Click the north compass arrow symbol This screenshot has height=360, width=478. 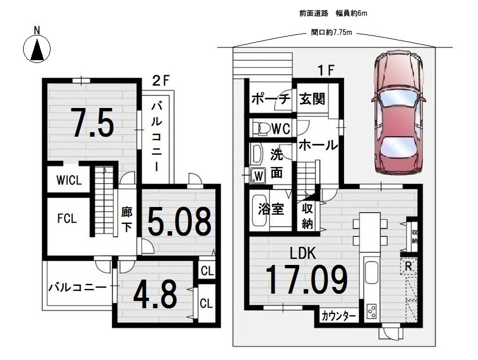point(37,49)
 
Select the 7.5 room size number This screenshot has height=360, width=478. point(92,122)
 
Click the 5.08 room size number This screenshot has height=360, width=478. point(179,221)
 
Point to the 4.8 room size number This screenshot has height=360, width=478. point(155,294)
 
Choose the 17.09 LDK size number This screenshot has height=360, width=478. point(306,280)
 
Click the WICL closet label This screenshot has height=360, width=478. point(69,180)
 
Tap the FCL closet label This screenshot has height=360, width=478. point(67,219)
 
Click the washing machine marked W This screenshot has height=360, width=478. point(258,176)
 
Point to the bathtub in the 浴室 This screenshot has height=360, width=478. point(259,210)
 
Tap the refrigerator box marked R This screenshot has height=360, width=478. point(408,267)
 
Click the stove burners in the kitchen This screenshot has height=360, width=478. point(372,311)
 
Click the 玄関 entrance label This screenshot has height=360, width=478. point(312,99)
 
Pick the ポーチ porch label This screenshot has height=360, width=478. point(270,99)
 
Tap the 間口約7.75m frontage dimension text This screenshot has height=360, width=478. point(331,32)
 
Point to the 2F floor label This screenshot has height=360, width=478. point(160,81)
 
